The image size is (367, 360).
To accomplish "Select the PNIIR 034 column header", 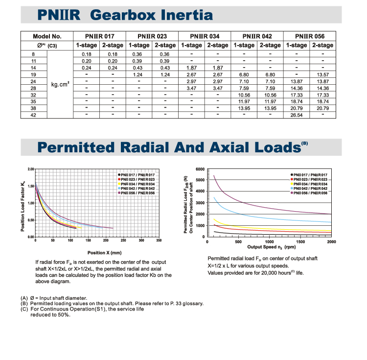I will (x=205, y=36).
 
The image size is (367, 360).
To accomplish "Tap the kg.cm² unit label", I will (x=60, y=84).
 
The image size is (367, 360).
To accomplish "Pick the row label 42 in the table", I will (x=33, y=115).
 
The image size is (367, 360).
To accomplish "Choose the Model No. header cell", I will (x=46, y=36).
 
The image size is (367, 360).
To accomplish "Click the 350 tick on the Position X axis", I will (x=159, y=240).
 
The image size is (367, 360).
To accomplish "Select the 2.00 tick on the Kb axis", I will (x=31, y=169).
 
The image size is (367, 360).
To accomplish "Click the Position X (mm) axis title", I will (x=104, y=253).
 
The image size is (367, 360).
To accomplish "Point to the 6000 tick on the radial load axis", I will (x=200, y=169).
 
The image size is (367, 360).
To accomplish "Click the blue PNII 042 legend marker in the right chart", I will (x=292, y=189).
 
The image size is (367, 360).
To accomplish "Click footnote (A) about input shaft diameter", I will (x=54, y=298).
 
